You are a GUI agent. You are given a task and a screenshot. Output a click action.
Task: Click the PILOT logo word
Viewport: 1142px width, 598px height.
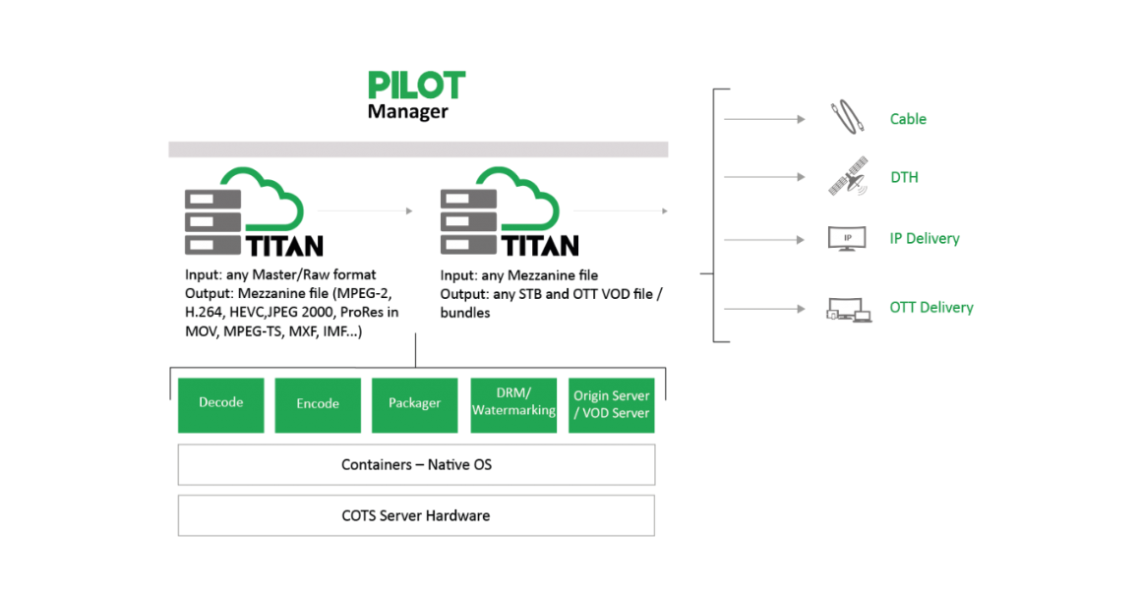(416, 85)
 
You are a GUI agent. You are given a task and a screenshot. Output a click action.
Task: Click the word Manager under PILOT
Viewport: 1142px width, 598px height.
(407, 112)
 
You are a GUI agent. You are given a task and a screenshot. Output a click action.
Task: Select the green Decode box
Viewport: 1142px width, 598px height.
(221, 404)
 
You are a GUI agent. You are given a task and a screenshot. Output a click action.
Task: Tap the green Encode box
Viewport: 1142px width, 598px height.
(318, 404)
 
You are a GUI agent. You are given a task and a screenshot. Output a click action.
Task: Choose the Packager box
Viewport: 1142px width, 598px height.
(415, 404)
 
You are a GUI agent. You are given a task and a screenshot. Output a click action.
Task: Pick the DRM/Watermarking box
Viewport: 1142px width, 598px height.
(513, 404)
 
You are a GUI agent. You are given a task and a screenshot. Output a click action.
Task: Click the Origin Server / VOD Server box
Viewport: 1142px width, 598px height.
(611, 404)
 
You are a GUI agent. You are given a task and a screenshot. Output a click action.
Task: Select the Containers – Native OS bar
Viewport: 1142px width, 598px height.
(416, 464)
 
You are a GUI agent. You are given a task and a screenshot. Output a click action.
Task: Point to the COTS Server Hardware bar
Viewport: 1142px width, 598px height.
(416, 515)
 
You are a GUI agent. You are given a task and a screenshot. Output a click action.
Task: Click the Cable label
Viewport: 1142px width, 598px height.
(908, 119)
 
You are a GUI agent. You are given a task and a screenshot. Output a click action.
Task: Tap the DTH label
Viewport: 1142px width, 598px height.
(904, 178)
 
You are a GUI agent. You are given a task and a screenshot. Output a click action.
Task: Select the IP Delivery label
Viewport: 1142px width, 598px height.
(924, 239)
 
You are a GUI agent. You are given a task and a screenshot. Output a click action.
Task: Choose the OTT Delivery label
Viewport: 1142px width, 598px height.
(931, 308)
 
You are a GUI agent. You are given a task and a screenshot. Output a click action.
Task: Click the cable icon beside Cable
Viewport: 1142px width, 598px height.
(846, 119)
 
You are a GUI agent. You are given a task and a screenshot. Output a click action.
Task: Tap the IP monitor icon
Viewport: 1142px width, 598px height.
(847, 238)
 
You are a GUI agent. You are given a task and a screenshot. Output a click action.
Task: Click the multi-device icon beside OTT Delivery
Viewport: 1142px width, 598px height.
(848, 309)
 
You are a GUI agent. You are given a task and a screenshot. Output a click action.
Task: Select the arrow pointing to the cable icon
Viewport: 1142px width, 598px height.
(764, 120)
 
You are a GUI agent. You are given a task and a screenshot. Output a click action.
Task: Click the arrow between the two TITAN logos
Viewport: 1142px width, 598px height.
(365, 210)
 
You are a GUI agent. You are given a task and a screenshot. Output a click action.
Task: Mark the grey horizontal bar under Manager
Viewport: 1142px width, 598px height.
(418, 149)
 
